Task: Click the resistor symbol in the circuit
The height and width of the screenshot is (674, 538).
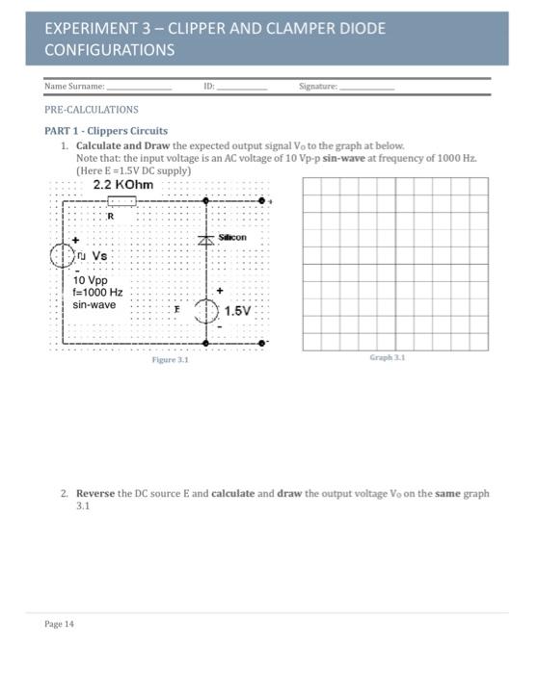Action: [121, 201]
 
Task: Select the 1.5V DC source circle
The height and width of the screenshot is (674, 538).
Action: [206, 310]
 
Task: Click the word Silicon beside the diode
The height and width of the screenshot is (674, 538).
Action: [232, 237]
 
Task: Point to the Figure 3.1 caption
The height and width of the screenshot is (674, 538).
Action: [170, 359]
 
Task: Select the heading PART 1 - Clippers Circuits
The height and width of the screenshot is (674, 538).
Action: [106, 130]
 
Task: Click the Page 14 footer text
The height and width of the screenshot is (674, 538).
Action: [59, 623]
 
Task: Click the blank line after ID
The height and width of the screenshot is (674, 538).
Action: [242, 88]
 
